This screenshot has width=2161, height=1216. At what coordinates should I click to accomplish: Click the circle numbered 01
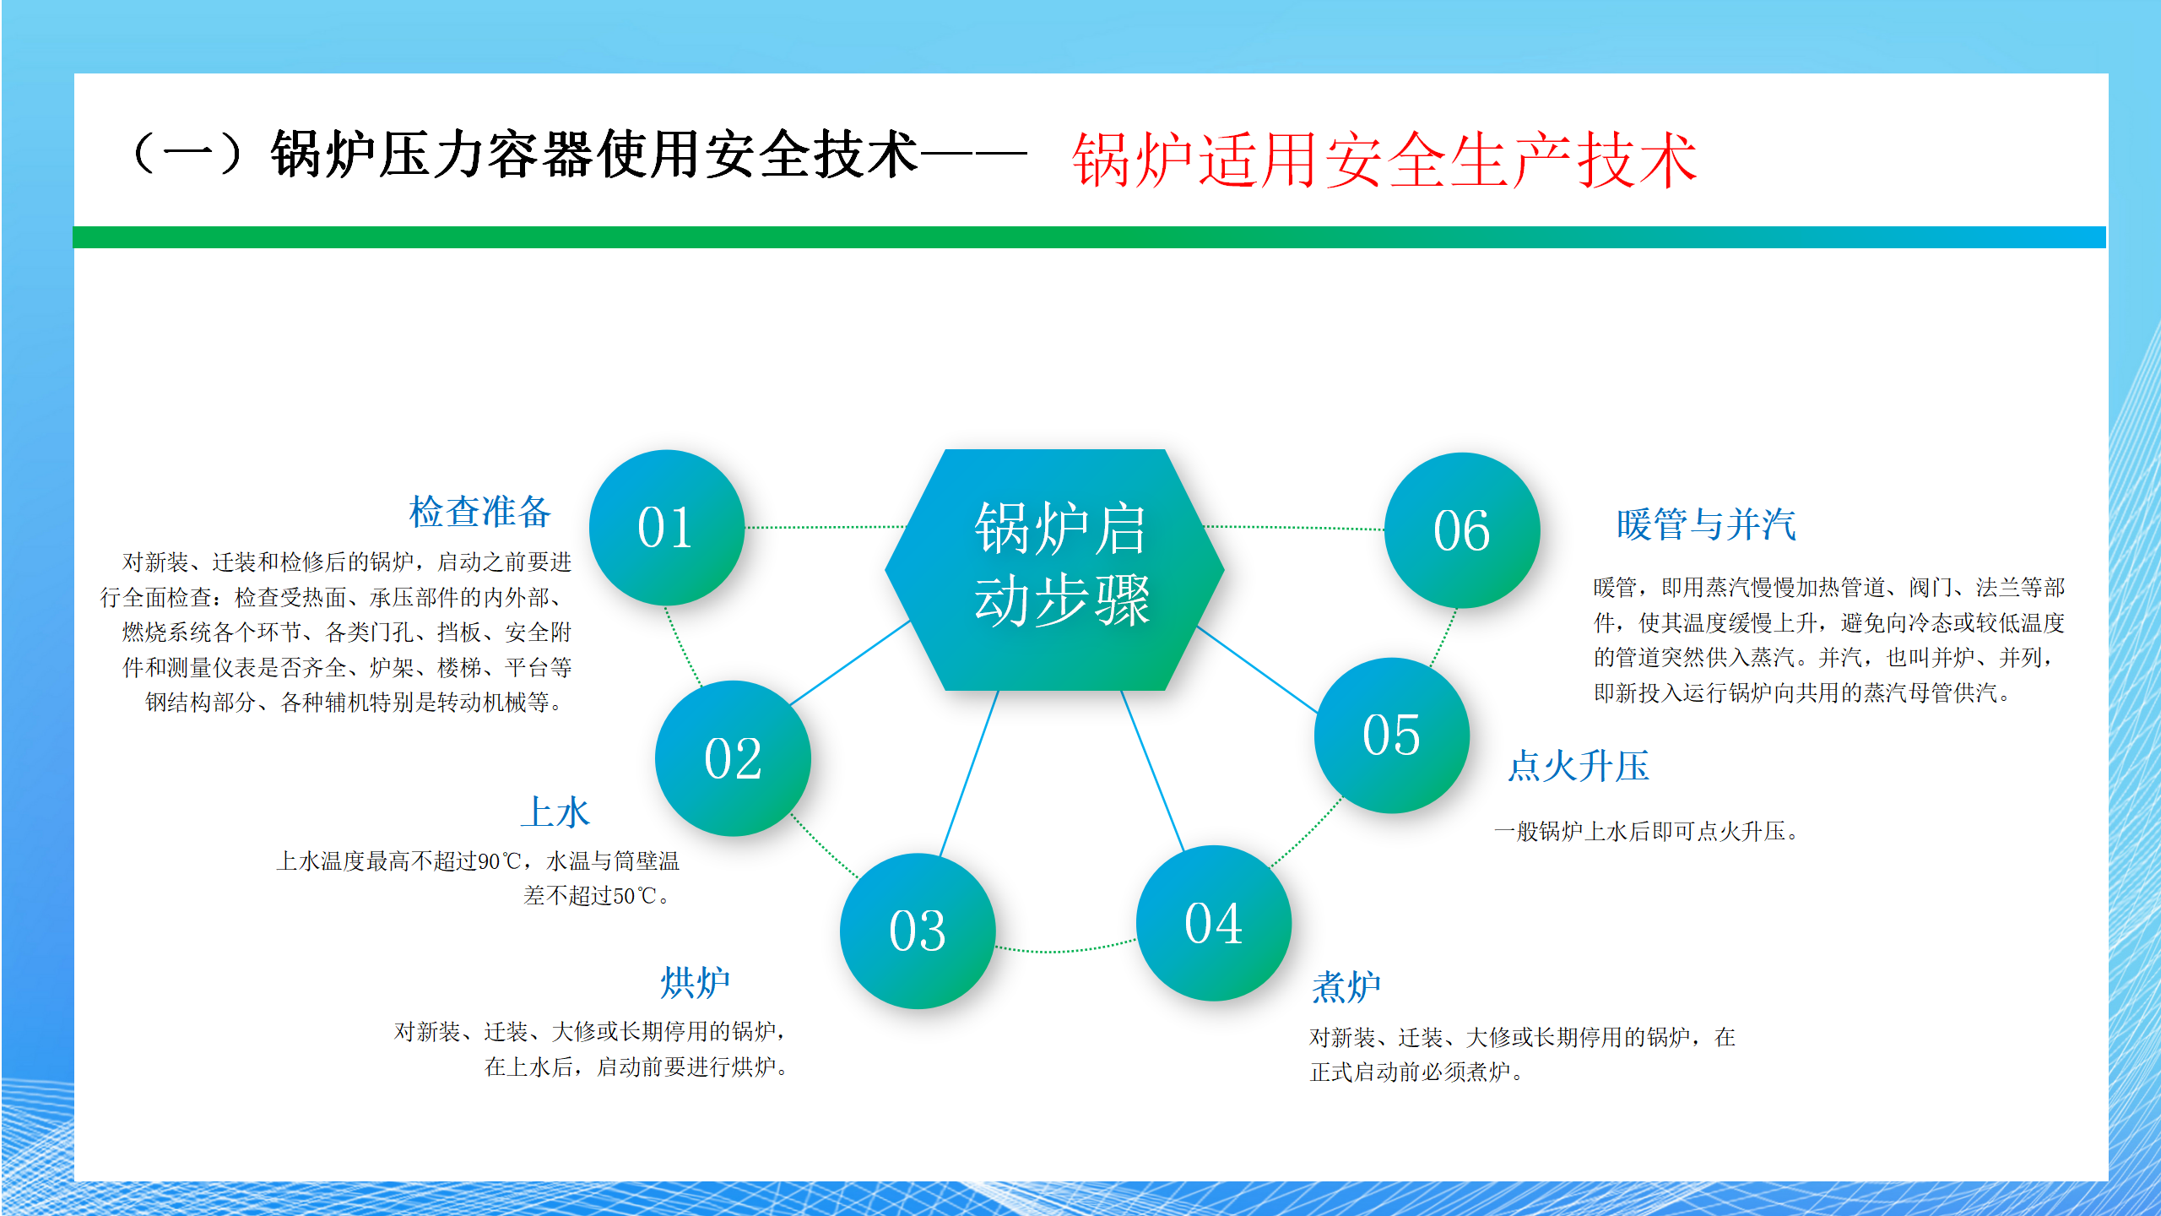pyautogui.click(x=666, y=528)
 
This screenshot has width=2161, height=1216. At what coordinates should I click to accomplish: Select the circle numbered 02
pyautogui.click(x=733, y=758)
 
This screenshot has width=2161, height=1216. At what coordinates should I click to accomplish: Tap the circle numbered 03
pyautogui.click(x=918, y=931)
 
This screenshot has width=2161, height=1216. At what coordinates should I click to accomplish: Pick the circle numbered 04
pyautogui.click(x=1213, y=923)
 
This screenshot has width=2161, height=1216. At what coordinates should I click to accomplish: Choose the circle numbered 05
pyautogui.click(x=1392, y=735)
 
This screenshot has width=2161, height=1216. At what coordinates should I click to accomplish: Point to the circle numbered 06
pyautogui.click(x=1462, y=530)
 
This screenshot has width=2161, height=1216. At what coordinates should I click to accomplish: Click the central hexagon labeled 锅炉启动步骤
pyautogui.click(x=1055, y=570)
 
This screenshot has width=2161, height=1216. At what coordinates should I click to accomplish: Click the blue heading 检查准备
pyautogui.click(x=479, y=512)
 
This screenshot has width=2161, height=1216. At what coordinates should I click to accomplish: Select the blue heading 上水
pyautogui.click(x=555, y=812)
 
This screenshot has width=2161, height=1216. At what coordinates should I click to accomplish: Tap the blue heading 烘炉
pyautogui.click(x=695, y=983)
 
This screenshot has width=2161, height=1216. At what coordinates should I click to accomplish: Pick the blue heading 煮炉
pyautogui.click(x=1346, y=986)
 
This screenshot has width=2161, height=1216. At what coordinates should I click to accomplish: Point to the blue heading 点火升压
pyautogui.click(x=1579, y=766)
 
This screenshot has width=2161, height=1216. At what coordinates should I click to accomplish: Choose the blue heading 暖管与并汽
pyautogui.click(x=1706, y=524)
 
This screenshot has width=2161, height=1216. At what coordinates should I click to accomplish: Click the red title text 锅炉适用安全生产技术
pyautogui.click(x=1384, y=160)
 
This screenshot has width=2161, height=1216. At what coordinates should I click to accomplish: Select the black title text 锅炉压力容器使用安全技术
pyautogui.click(x=593, y=155)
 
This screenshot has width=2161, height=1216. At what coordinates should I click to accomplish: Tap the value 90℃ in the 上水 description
pyautogui.click(x=500, y=861)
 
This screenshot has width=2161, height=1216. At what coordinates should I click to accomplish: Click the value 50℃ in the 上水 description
pyautogui.click(x=635, y=896)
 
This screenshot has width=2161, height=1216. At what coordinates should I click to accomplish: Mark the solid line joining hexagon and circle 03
pyautogui.click(x=969, y=774)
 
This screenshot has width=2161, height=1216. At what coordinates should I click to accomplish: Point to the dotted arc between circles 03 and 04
pyautogui.click(x=1065, y=949)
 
